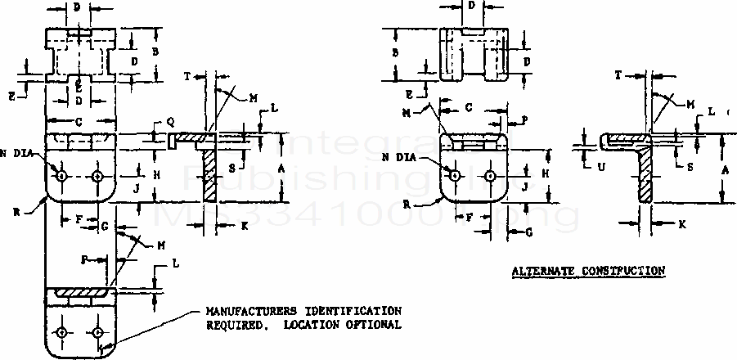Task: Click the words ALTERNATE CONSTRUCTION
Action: tap(588, 270)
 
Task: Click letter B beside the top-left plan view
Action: tap(155, 51)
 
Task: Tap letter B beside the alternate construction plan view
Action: tap(396, 52)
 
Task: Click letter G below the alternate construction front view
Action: tap(528, 232)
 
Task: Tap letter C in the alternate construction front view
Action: tap(467, 107)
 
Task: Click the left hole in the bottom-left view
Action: tap(62, 332)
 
